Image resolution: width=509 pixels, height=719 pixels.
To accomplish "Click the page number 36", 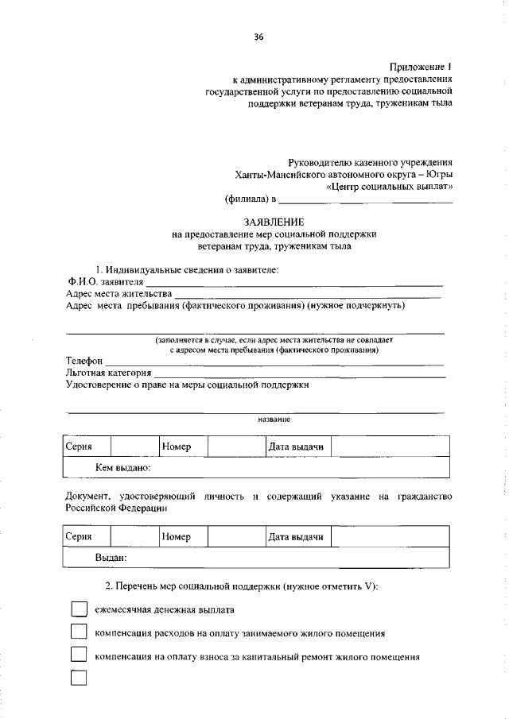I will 258,37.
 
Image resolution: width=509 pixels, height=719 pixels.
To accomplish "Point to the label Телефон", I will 85,361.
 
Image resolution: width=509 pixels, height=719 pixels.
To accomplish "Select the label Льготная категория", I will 108,372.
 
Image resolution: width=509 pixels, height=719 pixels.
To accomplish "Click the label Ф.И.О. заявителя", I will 105,281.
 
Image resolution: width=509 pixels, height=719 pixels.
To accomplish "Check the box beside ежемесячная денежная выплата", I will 78,609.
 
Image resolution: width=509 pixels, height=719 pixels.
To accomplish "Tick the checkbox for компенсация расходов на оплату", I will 78,633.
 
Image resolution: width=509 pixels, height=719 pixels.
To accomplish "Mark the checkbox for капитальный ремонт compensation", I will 78,656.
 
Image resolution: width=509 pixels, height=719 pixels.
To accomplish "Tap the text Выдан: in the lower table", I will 111,559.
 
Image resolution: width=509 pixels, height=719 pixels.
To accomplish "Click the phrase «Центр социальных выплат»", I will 390,187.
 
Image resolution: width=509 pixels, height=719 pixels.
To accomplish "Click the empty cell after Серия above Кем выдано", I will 134,446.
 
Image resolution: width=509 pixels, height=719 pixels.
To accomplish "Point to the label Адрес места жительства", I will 119,293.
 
